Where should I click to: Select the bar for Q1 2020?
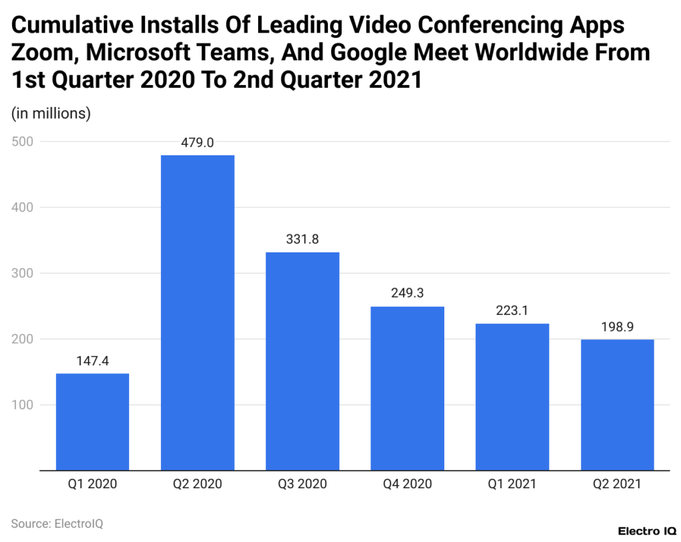click(x=92, y=422)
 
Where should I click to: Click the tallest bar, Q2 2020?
click(x=198, y=312)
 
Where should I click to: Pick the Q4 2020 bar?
click(x=408, y=388)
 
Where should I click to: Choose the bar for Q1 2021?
click(x=512, y=397)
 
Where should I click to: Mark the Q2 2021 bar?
click(x=617, y=405)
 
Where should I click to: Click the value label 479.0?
click(x=198, y=142)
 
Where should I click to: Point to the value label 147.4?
click(x=92, y=361)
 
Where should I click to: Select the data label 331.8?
click(x=303, y=239)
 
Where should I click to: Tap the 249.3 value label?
click(x=408, y=294)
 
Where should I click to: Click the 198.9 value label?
click(x=617, y=327)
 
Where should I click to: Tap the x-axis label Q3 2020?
click(x=303, y=484)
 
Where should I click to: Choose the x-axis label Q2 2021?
click(x=617, y=484)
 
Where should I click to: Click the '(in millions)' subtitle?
click(x=51, y=114)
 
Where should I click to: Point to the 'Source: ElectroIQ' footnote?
click(x=57, y=523)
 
